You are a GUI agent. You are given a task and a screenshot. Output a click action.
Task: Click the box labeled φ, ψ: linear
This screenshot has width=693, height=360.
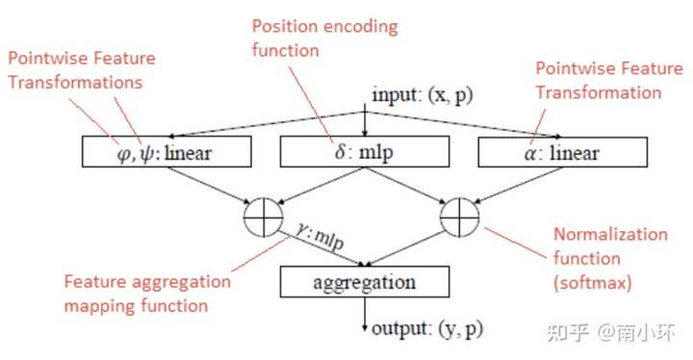point(167,151)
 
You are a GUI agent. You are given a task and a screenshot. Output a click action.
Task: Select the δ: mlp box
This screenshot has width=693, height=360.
point(364,151)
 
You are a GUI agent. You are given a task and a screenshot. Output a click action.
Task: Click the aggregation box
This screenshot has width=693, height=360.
point(364,282)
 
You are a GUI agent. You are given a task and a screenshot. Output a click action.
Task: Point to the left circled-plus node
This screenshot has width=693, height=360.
point(265,216)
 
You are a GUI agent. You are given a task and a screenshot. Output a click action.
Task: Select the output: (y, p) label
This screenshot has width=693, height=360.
point(427,328)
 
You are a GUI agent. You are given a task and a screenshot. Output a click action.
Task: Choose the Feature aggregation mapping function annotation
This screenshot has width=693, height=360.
point(148,294)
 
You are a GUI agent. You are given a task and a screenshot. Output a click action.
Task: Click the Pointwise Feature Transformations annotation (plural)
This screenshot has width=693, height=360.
point(83,70)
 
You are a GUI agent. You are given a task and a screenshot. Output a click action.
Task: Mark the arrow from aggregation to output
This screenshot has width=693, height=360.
point(364,312)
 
